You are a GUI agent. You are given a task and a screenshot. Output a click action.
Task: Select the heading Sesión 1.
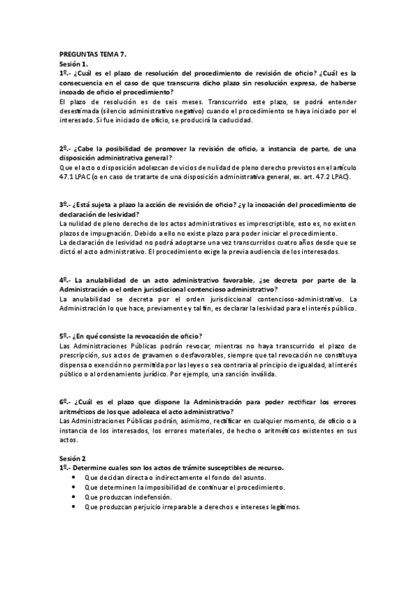[x=73, y=64]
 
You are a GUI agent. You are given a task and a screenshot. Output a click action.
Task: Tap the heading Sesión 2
[x=73, y=459]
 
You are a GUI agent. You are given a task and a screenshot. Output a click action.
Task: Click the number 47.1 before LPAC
[x=68, y=176]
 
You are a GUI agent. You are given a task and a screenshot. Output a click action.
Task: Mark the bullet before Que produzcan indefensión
[x=74, y=497]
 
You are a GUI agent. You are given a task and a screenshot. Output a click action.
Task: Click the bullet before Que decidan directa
[x=74, y=478]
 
